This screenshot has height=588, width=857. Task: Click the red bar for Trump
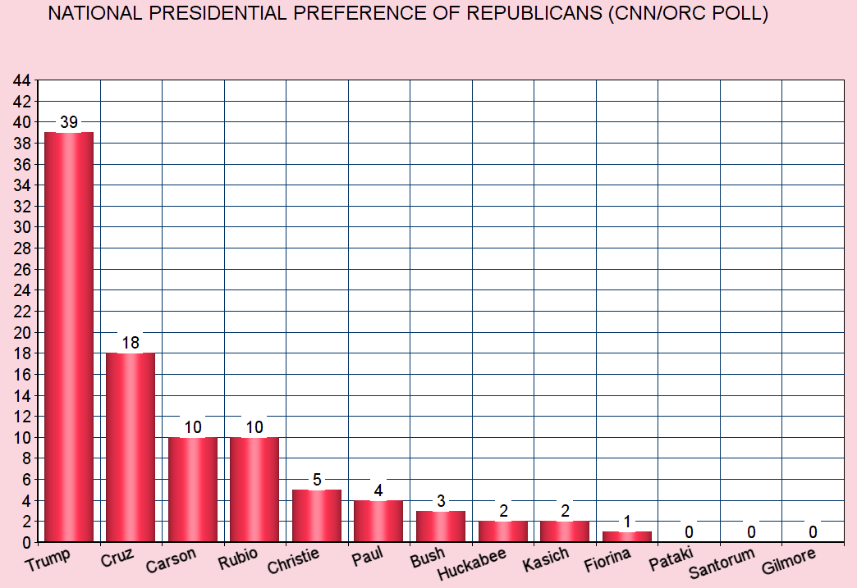coord(69,336)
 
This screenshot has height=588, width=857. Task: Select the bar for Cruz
coord(131,447)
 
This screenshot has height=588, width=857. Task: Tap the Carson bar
coord(193,489)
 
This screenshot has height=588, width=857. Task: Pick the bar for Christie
coord(317,515)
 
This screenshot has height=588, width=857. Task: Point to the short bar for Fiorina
coord(627,536)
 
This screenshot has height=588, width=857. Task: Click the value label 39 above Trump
coord(69,122)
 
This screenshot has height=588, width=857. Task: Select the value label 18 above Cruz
coord(131,343)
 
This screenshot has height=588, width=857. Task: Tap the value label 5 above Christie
coord(317,480)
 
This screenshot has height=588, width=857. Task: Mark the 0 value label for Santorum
coord(751,532)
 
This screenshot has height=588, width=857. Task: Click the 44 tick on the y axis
coord(22,80)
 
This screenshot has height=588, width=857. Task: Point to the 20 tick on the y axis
coord(22,332)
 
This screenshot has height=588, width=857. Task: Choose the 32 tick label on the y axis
coord(22,207)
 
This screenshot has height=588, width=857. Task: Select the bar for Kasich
coord(565,531)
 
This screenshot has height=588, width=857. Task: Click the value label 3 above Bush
coord(441,501)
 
